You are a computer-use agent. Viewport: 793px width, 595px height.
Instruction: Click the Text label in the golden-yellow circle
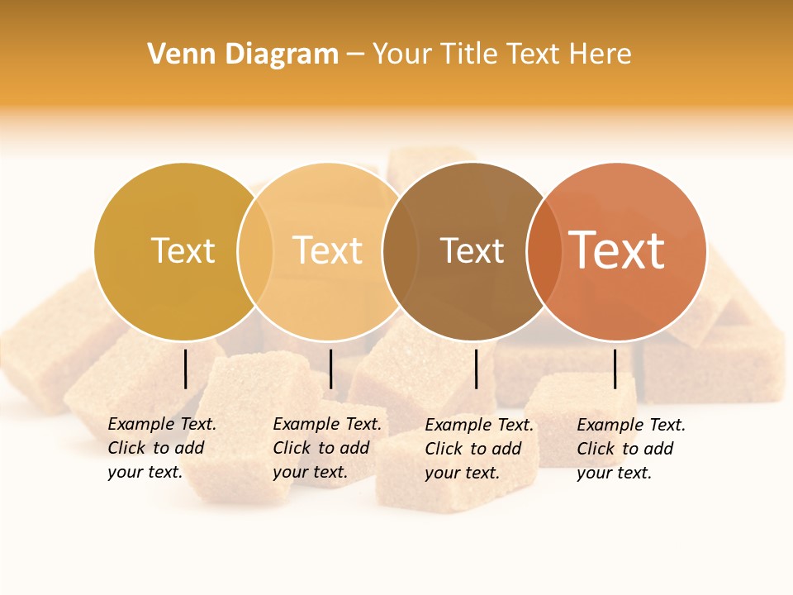point(183,250)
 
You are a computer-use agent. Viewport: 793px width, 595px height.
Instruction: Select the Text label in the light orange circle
point(328,250)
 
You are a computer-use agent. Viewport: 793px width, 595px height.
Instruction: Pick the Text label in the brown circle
point(472,250)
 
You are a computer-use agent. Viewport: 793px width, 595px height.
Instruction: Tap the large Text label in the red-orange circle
point(617,250)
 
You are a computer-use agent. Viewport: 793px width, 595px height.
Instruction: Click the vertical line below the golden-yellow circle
point(186,369)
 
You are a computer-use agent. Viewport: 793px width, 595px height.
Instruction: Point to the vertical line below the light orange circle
point(330,369)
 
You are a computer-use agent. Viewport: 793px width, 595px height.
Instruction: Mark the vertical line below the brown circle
point(477,369)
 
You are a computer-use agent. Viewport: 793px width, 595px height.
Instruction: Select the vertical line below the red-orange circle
point(615,369)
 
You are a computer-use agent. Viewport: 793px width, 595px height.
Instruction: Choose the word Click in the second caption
point(291,448)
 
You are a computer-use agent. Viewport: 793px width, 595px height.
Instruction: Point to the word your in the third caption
point(442,473)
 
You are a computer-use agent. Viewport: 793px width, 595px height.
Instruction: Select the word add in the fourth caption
point(659,449)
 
